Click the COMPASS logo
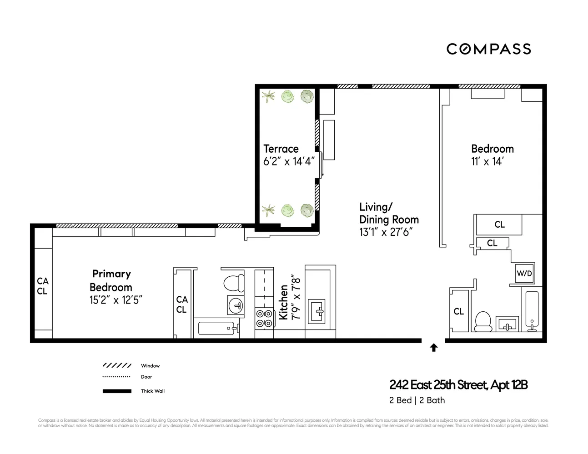coord(488,49)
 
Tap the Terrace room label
coord(281,149)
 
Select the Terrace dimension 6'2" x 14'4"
coord(289,161)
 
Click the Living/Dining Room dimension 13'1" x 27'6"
coord(386,232)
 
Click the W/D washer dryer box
coord(524,274)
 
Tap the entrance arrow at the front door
coord(433,348)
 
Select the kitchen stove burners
coord(264,318)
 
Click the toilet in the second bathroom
coord(482,321)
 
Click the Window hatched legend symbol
coord(117,365)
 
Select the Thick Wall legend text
coord(153,391)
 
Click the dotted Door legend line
coord(117,377)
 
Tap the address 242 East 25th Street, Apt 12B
coord(458,385)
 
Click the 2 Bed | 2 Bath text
coord(417,400)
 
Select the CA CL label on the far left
coord(42,286)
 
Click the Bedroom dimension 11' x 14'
coord(487,161)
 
